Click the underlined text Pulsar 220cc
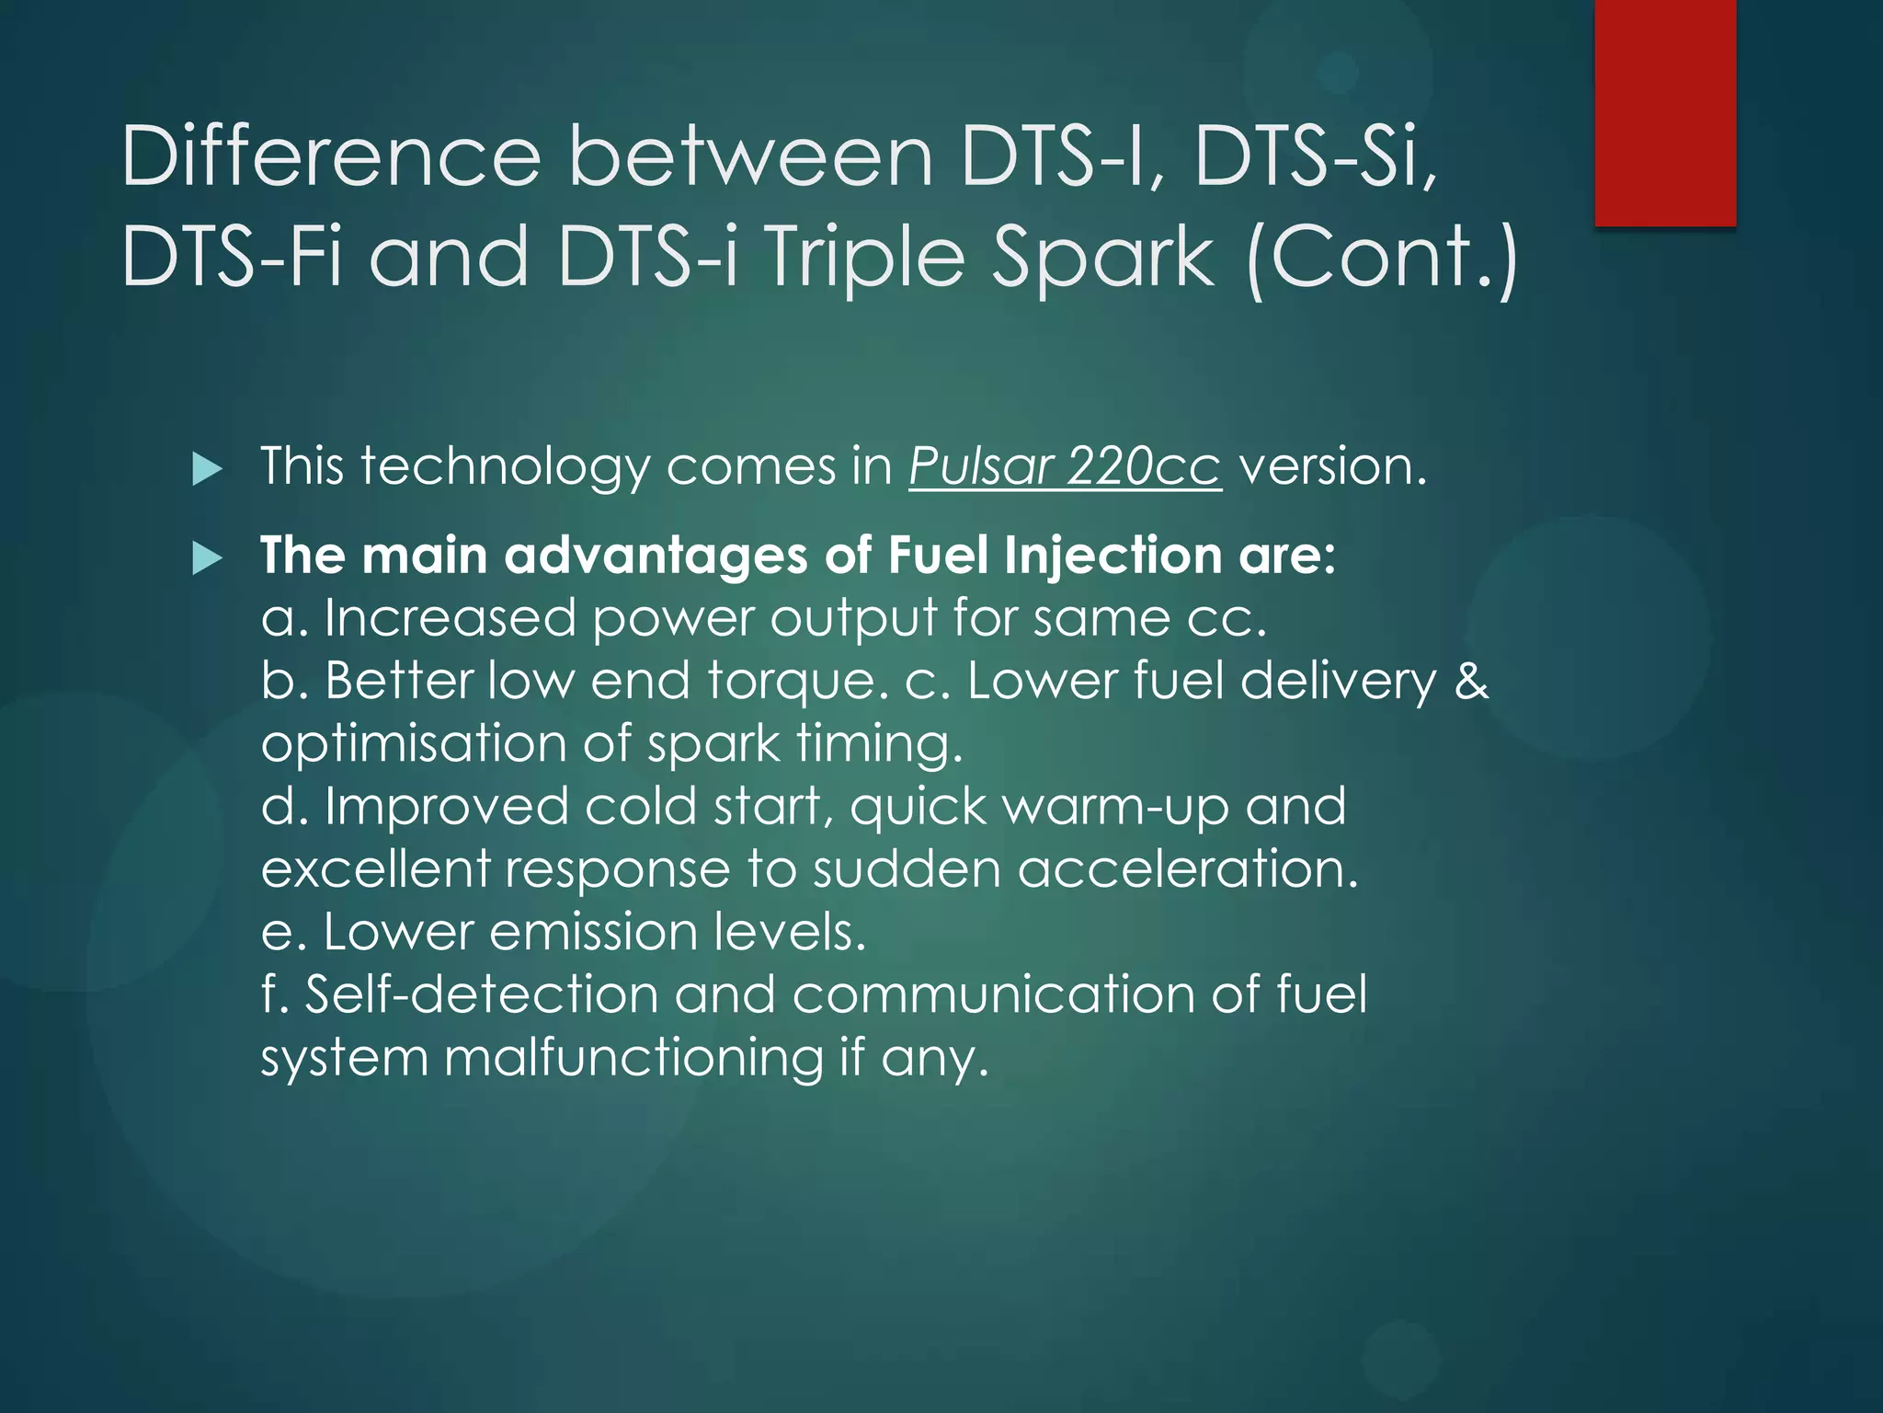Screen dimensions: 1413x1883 tap(1065, 466)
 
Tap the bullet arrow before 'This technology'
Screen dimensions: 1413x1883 tap(208, 470)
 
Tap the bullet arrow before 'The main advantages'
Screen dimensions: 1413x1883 tap(208, 558)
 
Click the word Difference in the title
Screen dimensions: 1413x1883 tap(331, 156)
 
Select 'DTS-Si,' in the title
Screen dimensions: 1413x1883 tap(1315, 156)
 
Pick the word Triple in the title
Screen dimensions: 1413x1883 tap(864, 258)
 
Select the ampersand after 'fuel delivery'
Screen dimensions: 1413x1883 tap(1471, 681)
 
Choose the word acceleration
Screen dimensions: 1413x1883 tap(1187, 868)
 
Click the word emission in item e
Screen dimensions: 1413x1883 tap(594, 932)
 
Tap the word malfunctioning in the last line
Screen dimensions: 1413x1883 tap(633, 1058)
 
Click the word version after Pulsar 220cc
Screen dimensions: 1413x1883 tap(1332, 466)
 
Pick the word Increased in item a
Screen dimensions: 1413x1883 tap(450, 617)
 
